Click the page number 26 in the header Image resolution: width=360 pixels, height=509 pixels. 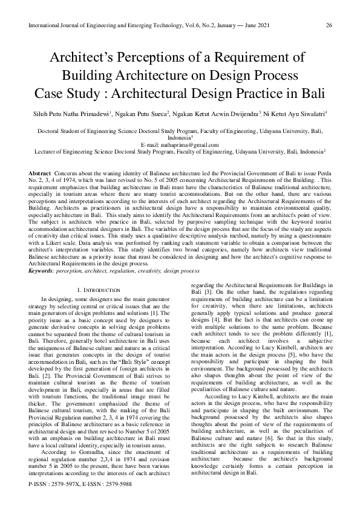pyautogui.click(x=329, y=25)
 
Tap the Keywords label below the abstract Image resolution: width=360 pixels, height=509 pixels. pyautogui.click(x=41, y=270)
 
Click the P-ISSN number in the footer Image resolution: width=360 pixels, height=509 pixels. pyautogui.click(x=61, y=502)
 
